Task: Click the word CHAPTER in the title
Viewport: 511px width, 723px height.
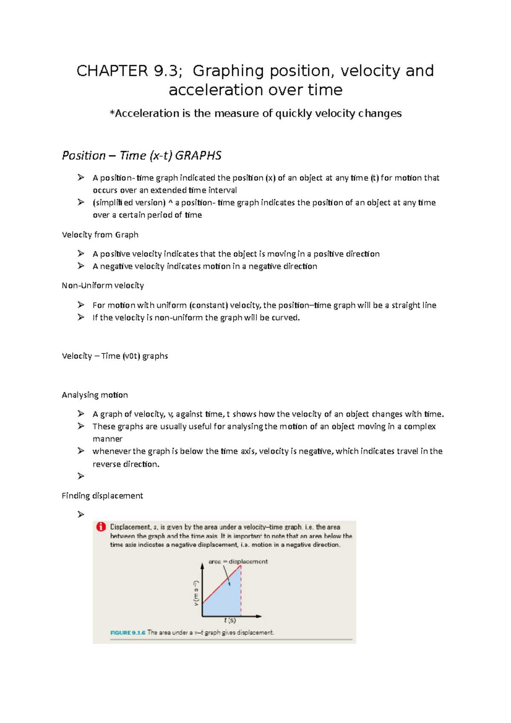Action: coord(112,71)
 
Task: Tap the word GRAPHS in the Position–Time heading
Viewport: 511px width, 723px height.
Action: coord(198,155)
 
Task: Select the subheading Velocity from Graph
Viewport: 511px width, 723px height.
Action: coord(100,235)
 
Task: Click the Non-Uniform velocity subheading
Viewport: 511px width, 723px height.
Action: coord(103,285)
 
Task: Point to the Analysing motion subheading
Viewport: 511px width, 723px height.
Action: coord(95,395)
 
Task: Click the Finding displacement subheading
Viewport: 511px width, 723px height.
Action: coord(102,496)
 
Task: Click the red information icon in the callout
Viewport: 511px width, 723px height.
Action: coord(101,527)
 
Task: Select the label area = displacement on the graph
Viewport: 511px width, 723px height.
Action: coord(238,562)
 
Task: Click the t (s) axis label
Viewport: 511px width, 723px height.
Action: coord(230,620)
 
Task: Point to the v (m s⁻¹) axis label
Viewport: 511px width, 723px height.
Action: coord(196,593)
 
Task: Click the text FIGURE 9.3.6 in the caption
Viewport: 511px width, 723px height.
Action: coord(127,633)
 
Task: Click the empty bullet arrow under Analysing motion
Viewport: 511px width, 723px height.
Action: coord(81,476)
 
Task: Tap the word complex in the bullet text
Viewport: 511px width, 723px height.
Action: coord(419,427)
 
